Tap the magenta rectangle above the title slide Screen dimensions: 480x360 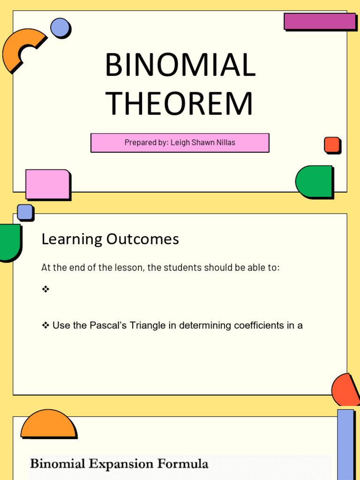point(319,21)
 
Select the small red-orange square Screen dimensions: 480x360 point(332,145)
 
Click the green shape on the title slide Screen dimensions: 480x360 point(314,181)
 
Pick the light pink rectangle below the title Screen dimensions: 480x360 point(47,184)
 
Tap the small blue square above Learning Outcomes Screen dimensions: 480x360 point(25,212)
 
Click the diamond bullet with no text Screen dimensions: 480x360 point(45,290)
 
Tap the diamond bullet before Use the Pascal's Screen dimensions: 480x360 point(45,325)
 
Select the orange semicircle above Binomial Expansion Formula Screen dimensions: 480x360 point(48,424)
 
